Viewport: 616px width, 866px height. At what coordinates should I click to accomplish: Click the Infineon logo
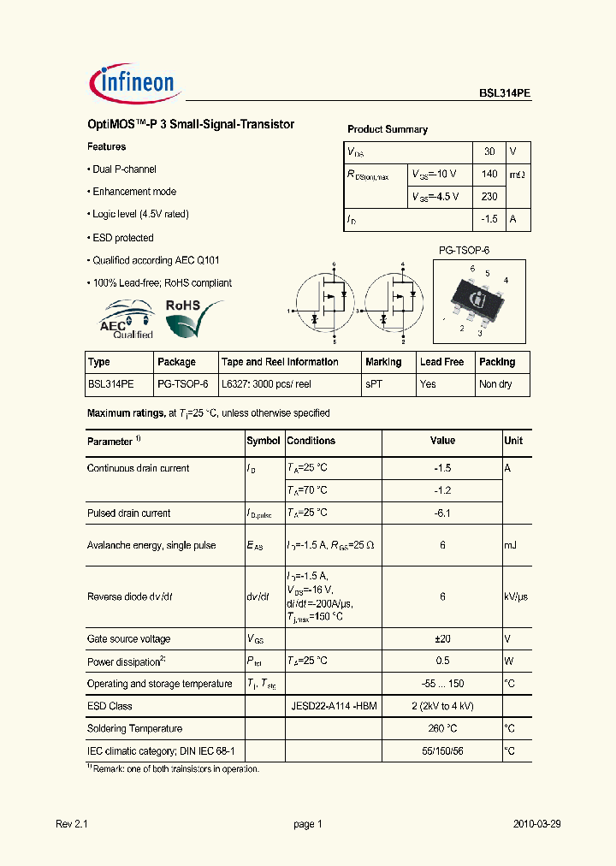pyautogui.click(x=133, y=82)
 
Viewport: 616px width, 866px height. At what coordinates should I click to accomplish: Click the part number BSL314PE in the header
pyautogui.click(x=504, y=96)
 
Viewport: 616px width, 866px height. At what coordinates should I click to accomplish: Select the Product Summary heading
pyautogui.click(x=387, y=129)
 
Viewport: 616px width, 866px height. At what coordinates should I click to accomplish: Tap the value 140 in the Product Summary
pyautogui.click(x=489, y=174)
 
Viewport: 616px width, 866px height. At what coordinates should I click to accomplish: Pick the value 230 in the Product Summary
pyautogui.click(x=489, y=197)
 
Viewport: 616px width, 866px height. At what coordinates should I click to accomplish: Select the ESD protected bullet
pyautogui.click(x=122, y=238)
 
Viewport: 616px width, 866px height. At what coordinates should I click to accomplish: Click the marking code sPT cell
pyautogui.click(x=374, y=384)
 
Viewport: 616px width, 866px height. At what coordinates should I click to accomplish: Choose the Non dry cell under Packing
pyautogui.click(x=495, y=384)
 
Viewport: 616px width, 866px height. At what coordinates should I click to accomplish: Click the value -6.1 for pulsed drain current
pyautogui.click(x=442, y=513)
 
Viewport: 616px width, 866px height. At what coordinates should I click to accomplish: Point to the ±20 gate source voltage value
pyautogui.click(x=442, y=639)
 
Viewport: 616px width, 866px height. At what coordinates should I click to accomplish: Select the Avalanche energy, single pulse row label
pyautogui.click(x=151, y=545)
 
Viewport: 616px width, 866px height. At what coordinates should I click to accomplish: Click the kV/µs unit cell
pyautogui.click(x=517, y=597)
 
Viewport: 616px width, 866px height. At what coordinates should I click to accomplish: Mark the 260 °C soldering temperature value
pyautogui.click(x=442, y=728)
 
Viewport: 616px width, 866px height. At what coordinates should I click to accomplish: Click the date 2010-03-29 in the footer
pyautogui.click(x=536, y=824)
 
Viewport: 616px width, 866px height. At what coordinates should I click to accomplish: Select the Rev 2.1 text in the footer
pyautogui.click(x=72, y=824)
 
